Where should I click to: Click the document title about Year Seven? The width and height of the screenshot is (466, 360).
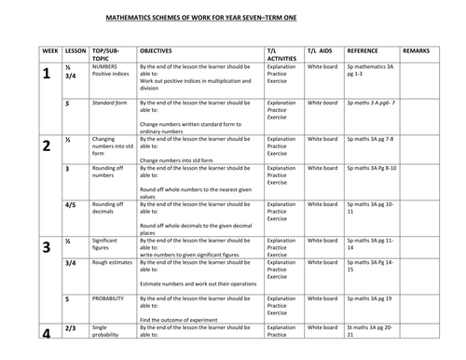(x=233, y=16)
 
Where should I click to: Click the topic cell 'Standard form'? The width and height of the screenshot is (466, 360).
(x=110, y=103)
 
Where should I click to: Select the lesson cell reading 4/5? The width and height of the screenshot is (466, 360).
(x=71, y=203)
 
